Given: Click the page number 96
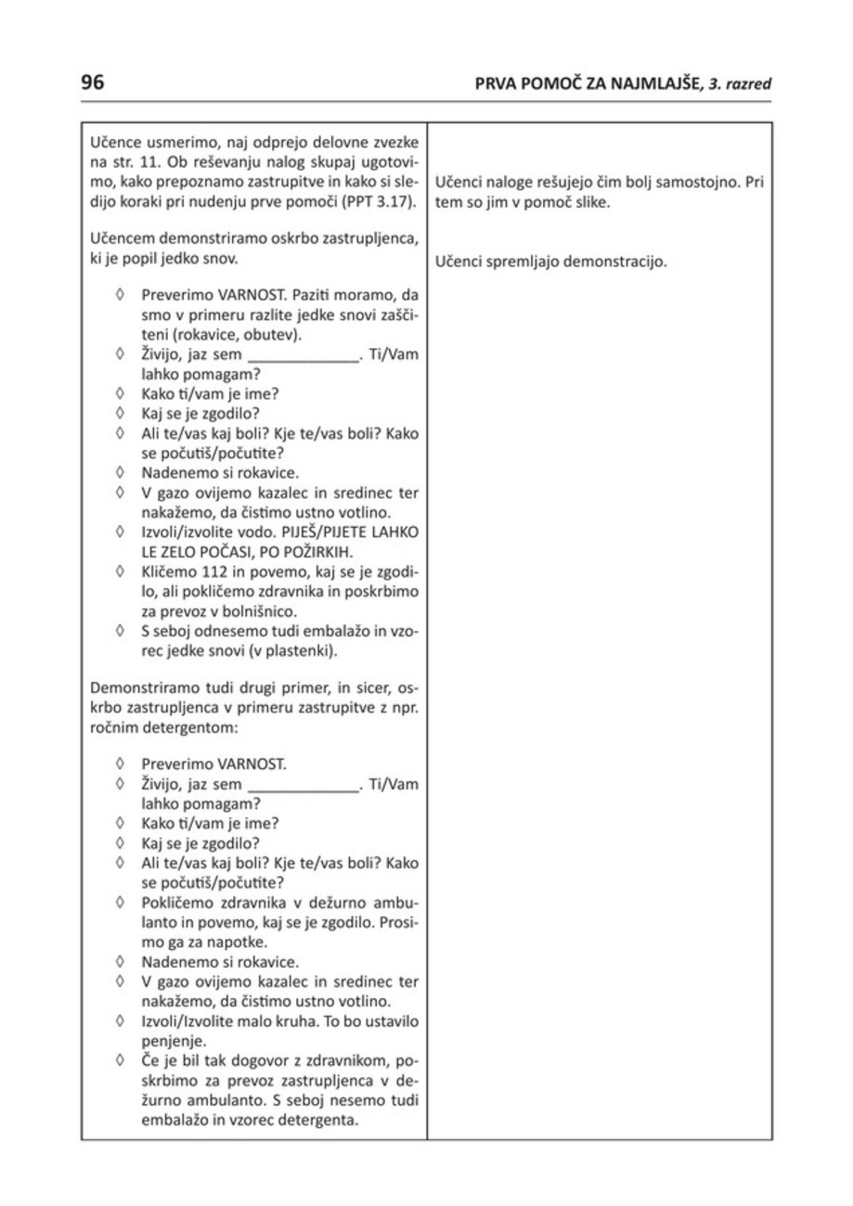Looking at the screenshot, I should pos(93,83).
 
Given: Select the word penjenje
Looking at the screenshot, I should pos(174,1041).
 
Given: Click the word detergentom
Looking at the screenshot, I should pos(170,727).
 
